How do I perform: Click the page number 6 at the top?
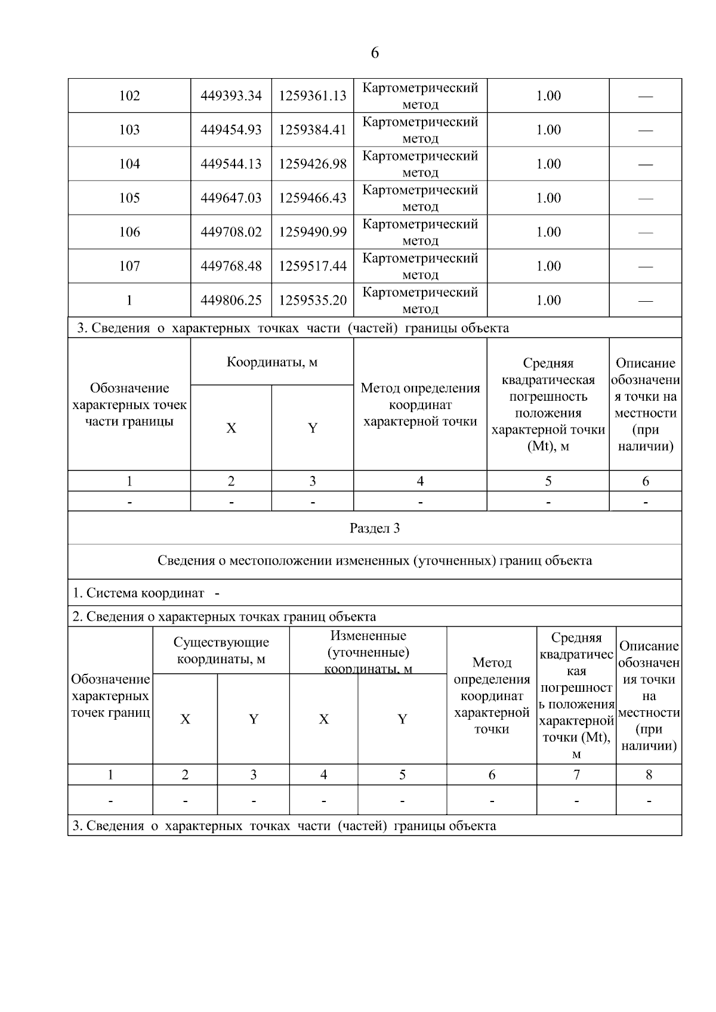coord(375,53)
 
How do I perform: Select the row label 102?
coord(129,96)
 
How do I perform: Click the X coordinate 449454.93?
coord(231,130)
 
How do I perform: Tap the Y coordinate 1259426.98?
coord(312,164)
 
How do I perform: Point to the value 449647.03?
coord(231,198)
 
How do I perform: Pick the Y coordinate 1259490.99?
coord(312,232)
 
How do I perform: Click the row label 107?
coord(129,266)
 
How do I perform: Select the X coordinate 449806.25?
coord(231,300)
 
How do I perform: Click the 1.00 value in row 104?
coord(548,164)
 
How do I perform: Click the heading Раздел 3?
coord(375,528)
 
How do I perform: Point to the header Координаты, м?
coord(272,363)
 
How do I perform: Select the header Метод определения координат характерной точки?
coord(420,404)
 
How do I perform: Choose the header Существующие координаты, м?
coord(221,650)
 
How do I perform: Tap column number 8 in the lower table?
coord(649,775)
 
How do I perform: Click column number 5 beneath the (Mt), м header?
coord(548,481)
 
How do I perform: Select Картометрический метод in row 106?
coord(420,232)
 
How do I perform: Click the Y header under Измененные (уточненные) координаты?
coord(402,719)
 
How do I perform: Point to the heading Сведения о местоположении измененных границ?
coord(375,561)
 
